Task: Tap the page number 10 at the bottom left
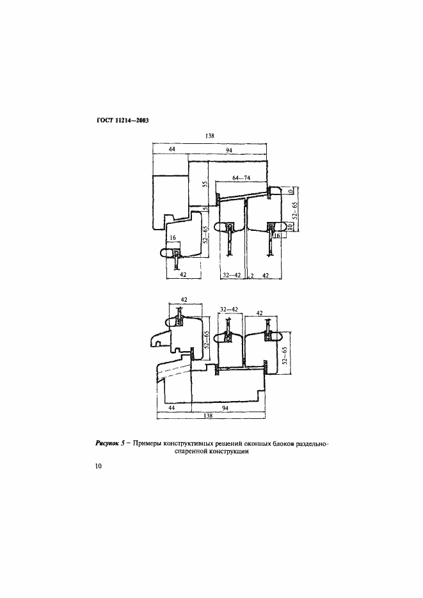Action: pyautogui.click(x=98, y=466)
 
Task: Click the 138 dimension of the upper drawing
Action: pyautogui.click(x=209, y=136)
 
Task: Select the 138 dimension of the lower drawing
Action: pyautogui.click(x=208, y=416)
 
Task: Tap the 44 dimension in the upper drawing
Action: pyautogui.click(x=172, y=150)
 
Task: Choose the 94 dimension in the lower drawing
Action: pyautogui.click(x=225, y=408)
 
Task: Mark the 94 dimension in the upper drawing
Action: pyautogui.click(x=229, y=150)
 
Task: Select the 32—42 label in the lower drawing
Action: pyautogui.click(x=229, y=310)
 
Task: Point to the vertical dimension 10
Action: pyautogui.click(x=290, y=226)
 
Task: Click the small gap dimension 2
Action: pyautogui.click(x=252, y=276)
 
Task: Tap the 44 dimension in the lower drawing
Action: pyautogui.click(x=172, y=408)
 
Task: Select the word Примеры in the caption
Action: pyautogui.click(x=147, y=443)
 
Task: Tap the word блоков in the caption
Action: pyautogui.click(x=283, y=443)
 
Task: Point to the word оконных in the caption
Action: pyautogui.click(x=257, y=443)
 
